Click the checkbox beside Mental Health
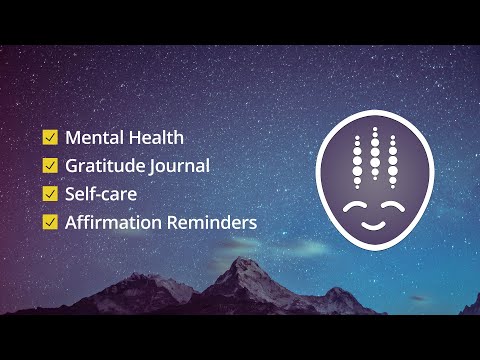(49, 137)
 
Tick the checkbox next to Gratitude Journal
(49, 165)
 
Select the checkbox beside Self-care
(49, 193)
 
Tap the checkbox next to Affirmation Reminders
(49, 221)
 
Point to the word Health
(156, 137)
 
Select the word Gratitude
(108, 165)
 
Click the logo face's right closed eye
(397, 208)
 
